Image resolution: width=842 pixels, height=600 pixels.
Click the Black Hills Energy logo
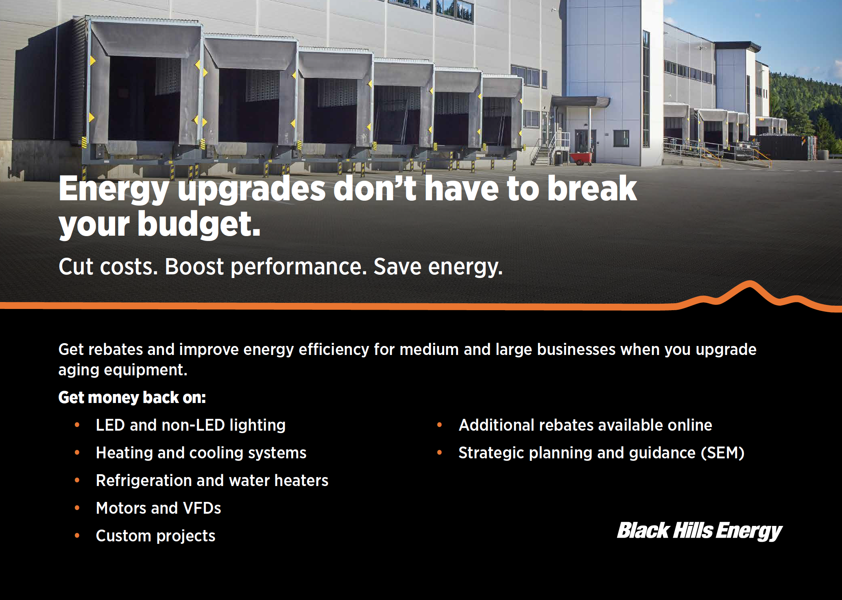pyautogui.click(x=700, y=531)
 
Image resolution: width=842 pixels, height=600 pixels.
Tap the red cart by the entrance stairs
pyautogui.click(x=581, y=158)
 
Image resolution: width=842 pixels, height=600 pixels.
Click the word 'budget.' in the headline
pyautogui.click(x=199, y=224)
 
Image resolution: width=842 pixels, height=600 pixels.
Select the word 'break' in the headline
pyautogui.click(x=592, y=188)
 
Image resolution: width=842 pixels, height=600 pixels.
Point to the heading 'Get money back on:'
pyautogui.click(x=132, y=397)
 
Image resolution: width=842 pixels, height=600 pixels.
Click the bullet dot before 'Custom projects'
pyautogui.click(x=77, y=535)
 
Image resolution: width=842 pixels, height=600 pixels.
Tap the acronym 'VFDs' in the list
pyautogui.click(x=202, y=508)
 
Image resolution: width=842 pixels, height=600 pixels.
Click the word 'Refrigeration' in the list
pyautogui.click(x=144, y=481)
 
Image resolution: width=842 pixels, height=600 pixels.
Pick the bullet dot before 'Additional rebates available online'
pyautogui.click(x=439, y=425)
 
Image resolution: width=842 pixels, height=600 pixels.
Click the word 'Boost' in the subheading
pyautogui.click(x=194, y=267)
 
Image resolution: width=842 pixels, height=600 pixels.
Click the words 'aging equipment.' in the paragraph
pyautogui.click(x=123, y=370)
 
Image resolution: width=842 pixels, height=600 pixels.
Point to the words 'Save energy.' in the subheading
pyautogui.click(x=438, y=267)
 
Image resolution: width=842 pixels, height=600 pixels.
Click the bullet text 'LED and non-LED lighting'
pyautogui.click(x=191, y=425)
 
